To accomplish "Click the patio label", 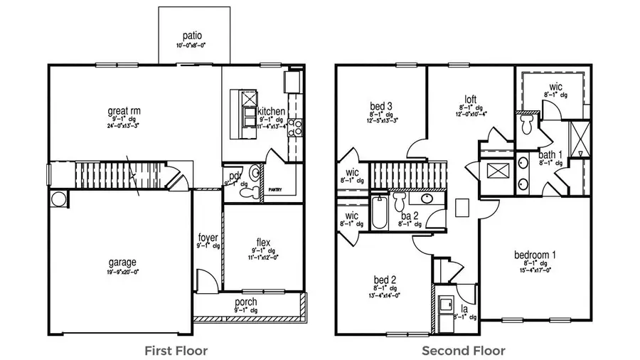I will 192,35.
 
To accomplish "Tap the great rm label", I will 124,111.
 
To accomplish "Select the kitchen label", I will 272,112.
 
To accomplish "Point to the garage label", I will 122,262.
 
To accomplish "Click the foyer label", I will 208,237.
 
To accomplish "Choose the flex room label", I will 263,242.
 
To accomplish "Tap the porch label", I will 246,302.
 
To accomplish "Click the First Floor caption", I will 176,350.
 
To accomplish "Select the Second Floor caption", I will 464,350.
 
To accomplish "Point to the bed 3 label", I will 382,106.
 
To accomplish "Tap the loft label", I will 470,100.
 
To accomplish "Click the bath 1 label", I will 550,154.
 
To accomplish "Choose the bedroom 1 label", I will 535,255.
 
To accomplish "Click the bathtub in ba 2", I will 379,213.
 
